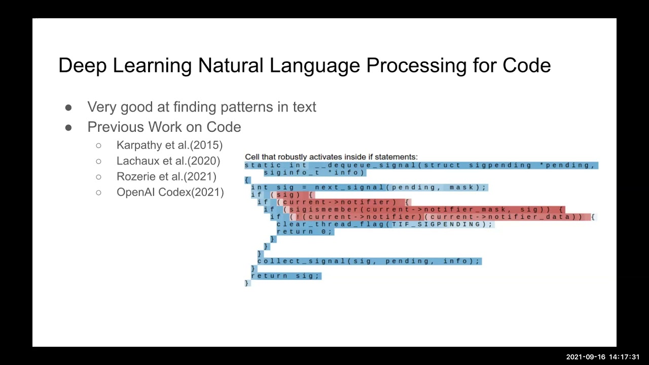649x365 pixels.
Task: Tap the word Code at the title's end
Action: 526,66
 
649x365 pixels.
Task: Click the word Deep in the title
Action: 82,66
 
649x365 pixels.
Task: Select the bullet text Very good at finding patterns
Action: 201,107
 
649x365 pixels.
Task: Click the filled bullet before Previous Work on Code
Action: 68,127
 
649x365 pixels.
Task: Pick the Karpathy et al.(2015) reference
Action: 169,145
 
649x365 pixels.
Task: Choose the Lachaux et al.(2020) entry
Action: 168,161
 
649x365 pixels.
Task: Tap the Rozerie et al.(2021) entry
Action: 166,176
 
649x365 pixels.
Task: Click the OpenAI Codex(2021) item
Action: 170,192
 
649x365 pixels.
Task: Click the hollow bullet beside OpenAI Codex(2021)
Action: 98,192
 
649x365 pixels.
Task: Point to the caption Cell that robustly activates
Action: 331,157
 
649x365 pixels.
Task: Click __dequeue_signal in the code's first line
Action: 367,165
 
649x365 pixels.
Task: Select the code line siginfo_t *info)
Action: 314,172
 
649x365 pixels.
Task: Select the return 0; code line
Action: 304,232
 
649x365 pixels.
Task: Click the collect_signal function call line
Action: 368,261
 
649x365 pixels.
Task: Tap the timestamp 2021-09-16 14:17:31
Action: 602,357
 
